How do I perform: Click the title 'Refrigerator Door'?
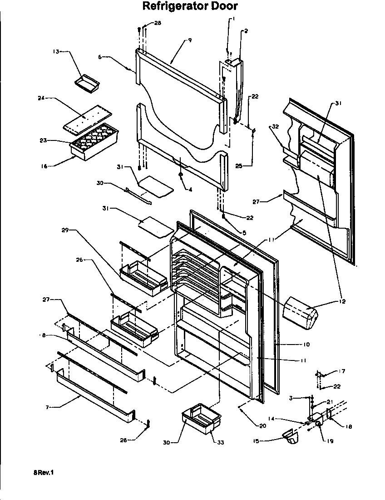(x=190, y=6)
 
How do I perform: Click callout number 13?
(x=56, y=52)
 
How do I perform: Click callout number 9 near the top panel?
(x=190, y=40)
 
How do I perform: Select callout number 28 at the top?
(x=158, y=23)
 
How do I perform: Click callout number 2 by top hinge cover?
(x=246, y=31)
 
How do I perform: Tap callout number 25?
(x=238, y=166)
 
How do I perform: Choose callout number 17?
(x=341, y=371)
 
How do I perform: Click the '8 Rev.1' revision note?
(x=43, y=473)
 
